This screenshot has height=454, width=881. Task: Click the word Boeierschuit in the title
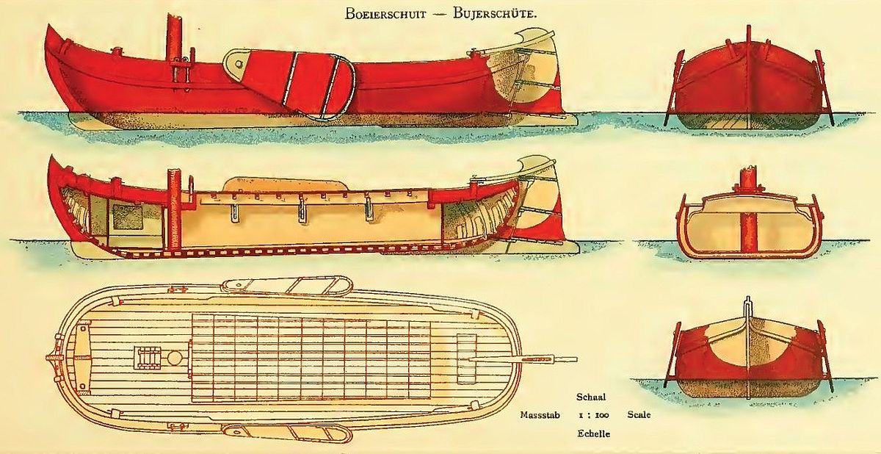coord(385,14)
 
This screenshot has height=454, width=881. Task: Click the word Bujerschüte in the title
coord(495,14)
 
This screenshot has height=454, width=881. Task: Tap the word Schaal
coord(591,397)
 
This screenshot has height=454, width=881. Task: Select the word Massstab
coord(540,414)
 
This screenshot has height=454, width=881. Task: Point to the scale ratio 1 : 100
coord(594,415)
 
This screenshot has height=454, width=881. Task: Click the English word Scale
coord(639,414)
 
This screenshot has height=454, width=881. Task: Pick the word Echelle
coord(594,433)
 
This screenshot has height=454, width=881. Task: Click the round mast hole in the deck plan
coord(174,358)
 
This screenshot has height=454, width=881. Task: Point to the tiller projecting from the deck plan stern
coord(523,359)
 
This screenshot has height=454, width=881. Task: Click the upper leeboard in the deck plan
coord(286,285)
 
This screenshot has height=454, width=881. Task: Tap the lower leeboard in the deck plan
coord(286,433)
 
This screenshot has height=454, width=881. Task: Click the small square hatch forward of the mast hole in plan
coord(147,358)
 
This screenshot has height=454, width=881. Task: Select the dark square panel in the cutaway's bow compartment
coord(128,217)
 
